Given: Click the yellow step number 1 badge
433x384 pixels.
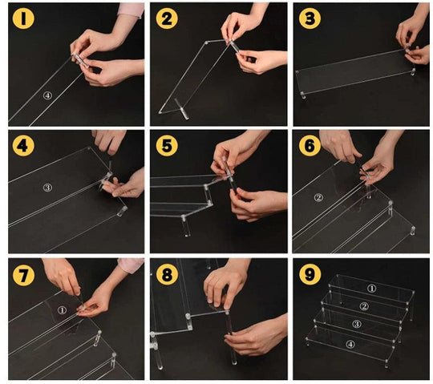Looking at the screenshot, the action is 23,18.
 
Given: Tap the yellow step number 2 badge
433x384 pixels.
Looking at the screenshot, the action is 167,18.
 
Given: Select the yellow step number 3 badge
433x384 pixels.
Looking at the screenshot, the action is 310,18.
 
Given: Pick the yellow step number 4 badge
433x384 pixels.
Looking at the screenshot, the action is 23,145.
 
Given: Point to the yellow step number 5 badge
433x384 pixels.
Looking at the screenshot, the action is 167,145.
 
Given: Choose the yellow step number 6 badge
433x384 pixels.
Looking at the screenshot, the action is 310,145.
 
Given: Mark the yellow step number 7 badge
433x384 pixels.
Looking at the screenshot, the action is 23,275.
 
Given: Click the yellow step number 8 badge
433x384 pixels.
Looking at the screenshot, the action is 167,275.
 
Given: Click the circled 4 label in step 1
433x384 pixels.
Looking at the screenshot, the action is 47,95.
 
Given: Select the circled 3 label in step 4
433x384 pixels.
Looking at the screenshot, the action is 47,188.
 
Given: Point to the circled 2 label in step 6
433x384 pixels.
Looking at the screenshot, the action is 318,197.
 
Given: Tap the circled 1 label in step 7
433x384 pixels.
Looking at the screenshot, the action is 62,310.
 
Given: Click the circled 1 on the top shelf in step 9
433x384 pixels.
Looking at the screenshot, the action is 372,289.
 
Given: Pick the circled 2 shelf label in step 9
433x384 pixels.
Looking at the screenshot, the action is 364,306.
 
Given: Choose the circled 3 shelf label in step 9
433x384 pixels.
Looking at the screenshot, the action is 356,324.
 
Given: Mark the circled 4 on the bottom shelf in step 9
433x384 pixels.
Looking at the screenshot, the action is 350,344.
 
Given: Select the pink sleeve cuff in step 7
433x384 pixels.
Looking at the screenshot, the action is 131,265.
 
